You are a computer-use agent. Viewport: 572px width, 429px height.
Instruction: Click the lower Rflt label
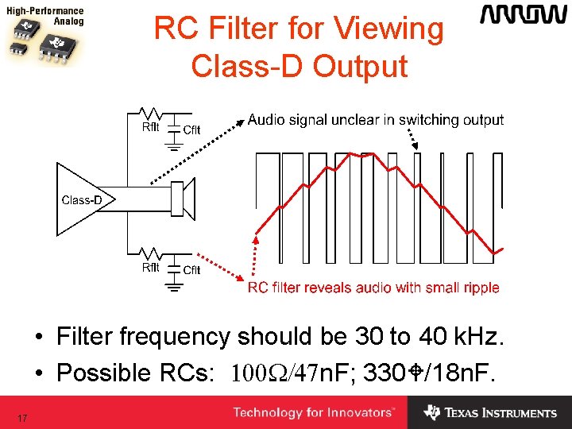pos(150,267)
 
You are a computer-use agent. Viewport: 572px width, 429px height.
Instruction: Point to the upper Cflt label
pos(191,130)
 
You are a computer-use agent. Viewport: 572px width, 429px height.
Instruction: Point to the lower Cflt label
pos(191,270)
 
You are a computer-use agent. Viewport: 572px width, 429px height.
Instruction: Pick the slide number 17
pos(23,418)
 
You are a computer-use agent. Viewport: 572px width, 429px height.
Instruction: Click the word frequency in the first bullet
pos(174,337)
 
